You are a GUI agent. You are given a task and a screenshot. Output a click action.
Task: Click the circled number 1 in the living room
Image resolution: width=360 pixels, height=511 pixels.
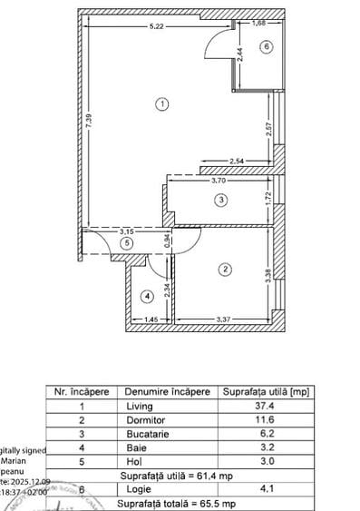point(161,104)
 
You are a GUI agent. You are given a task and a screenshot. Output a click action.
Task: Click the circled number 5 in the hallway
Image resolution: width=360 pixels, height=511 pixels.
point(128,242)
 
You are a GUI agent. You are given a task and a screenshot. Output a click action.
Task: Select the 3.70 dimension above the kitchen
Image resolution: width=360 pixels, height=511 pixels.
point(219,181)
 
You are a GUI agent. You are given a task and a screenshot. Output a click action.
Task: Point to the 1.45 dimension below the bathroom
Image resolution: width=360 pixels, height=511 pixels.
point(151,319)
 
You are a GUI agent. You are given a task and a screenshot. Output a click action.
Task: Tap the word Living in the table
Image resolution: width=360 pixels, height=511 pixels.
point(141,406)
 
